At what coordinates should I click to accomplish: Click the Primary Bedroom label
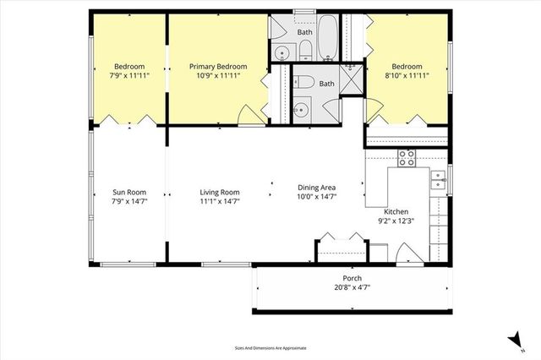point(218,67)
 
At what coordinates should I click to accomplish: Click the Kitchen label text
point(396,211)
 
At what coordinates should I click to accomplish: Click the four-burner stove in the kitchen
point(407,156)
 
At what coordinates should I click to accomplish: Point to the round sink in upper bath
point(281,52)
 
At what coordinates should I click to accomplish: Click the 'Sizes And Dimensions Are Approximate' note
point(270,347)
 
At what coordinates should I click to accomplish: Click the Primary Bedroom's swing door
point(247,116)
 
